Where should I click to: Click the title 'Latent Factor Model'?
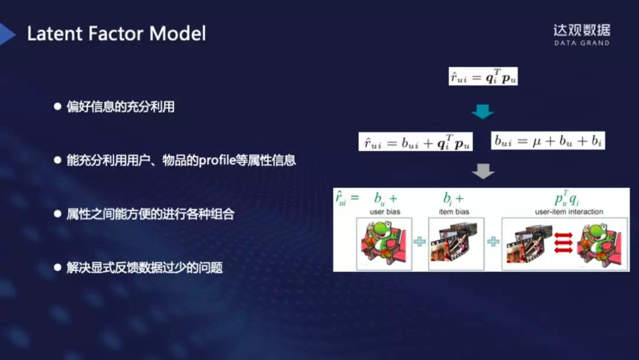click(117, 33)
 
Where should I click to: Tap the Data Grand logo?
click(582, 35)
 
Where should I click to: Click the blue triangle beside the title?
click(7, 34)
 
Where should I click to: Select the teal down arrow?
click(483, 111)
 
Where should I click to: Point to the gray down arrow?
click(483, 171)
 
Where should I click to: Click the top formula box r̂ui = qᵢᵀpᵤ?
click(483, 76)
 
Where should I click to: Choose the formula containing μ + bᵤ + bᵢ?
click(548, 140)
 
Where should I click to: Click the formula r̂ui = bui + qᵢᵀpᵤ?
click(415, 142)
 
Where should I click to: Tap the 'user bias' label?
click(385, 211)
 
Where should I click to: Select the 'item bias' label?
click(454, 211)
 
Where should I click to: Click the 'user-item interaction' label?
click(569, 211)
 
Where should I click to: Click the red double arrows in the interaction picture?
click(564, 243)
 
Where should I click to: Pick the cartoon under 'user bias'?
click(384, 244)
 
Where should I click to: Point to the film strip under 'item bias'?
click(456, 244)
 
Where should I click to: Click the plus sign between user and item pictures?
click(419, 242)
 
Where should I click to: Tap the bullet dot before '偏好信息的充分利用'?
click(57, 107)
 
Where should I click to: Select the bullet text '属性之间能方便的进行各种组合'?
click(150, 214)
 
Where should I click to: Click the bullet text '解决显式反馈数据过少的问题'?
click(145, 268)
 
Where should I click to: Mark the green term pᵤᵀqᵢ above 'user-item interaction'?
click(566, 198)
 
